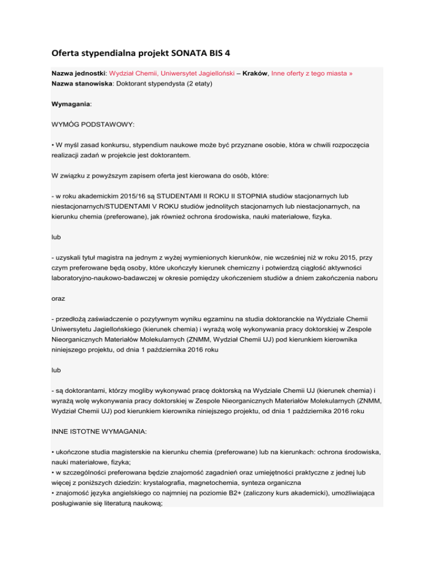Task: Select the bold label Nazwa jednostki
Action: click(x=80, y=73)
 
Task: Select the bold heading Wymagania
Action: click(x=72, y=104)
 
